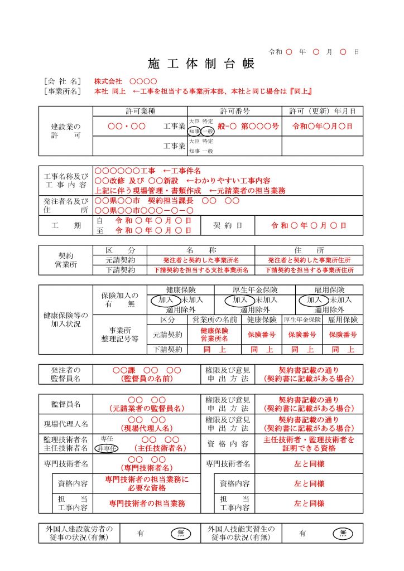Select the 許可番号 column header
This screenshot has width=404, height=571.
[x=234, y=111]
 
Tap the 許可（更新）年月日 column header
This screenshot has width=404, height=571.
[x=322, y=111]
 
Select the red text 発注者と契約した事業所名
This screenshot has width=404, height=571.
[x=200, y=260]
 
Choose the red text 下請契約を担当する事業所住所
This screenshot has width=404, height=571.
[x=309, y=270]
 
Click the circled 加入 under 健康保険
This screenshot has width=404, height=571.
[x=166, y=300]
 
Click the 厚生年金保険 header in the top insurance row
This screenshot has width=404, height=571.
[x=254, y=291]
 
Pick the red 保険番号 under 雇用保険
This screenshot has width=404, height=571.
[x=343, y=335]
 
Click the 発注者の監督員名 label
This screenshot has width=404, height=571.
[x=66, y=374]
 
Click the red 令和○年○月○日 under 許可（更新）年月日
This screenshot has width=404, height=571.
[x=322, y=126]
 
